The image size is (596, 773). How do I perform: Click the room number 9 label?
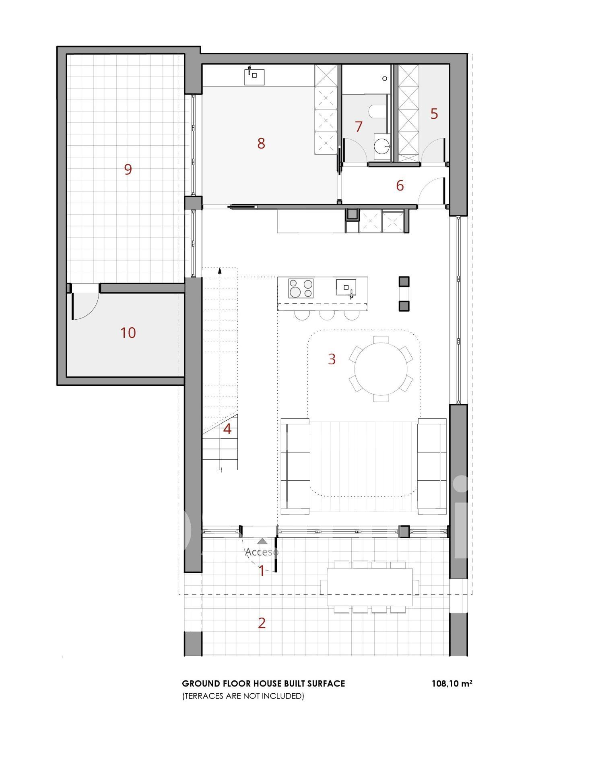pos(128,169)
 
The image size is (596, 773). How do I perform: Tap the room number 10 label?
pos(128,333)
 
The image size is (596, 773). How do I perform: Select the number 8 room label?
pos(261,143)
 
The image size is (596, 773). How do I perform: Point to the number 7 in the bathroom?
pos(359,126)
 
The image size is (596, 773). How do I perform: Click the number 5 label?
pos(434,114)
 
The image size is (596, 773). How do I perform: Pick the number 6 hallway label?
pos(400,186)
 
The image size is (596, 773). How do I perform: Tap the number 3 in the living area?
pos(332,359)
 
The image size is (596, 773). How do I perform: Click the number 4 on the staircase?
pos(227,429)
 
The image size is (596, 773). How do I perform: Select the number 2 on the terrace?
pos(262,623)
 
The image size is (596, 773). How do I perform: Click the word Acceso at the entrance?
pos(262,552)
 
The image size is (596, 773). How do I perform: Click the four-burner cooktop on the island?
pos(301,288)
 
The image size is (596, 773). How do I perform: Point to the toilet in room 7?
pos(377,112)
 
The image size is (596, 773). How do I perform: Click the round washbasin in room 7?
pos(382,145)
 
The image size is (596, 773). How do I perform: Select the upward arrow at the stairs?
pos(220,271)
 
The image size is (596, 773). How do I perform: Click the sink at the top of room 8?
pos(254,76)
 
